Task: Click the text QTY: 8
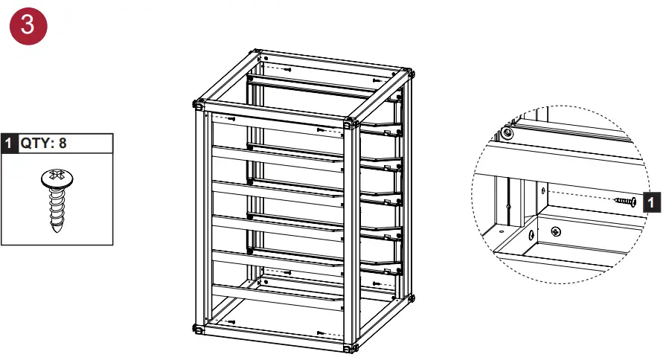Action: [x=43, y=143]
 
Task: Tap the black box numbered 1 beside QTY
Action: [x=9, y=143]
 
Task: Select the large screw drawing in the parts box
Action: [x=57, y=200]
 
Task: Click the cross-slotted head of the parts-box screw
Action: [x=56, y=179]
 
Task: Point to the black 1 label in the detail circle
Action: [x=652, y=201]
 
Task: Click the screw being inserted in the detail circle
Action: [x=626, y=201]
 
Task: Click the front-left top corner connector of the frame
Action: [x=199, y=104]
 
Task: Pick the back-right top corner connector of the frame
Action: [x=409, y=73]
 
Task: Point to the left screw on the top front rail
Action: [x=232, y=118]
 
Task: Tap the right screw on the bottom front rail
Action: [x=320, y=333]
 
